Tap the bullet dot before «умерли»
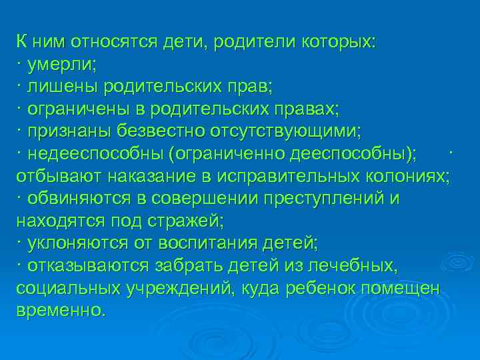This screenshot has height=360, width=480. pyautogui.click(x=19, y=65)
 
